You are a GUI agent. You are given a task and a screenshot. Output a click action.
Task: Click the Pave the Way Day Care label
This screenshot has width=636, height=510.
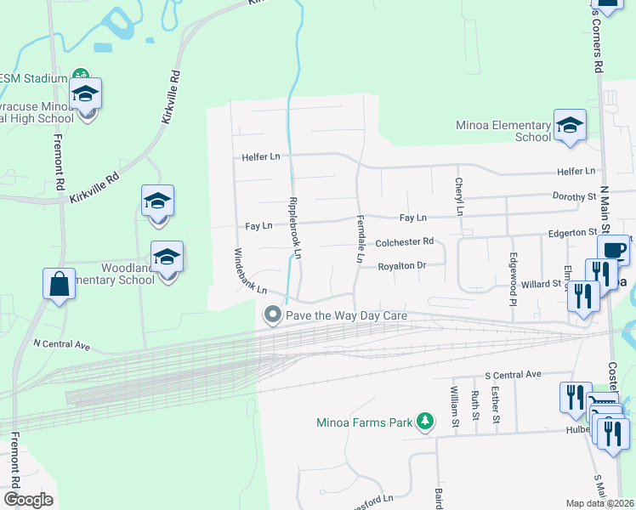(347, 315)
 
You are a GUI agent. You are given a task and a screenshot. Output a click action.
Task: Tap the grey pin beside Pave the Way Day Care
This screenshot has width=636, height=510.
(273, 315)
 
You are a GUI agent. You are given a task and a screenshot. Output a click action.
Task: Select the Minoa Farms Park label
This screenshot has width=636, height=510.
(363, 422)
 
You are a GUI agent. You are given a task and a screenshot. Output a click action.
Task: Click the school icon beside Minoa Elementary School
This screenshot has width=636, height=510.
(569, 125)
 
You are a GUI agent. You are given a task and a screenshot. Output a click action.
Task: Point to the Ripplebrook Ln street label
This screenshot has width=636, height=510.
(295, 228)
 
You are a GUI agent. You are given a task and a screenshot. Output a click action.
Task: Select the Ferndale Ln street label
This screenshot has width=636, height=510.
(360, 239)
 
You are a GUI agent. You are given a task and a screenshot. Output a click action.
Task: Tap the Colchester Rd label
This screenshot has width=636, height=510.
(404, 241)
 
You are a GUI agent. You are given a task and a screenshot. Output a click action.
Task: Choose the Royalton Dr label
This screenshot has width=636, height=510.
(401, 266)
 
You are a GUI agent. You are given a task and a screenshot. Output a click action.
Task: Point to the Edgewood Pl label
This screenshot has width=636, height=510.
(513, 276)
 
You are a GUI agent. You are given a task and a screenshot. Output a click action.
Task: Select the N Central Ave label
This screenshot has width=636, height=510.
(61, 345)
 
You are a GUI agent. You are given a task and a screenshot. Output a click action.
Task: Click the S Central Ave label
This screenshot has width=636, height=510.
(513, 374)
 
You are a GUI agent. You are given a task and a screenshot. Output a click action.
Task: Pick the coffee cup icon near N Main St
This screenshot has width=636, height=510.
(613, 250)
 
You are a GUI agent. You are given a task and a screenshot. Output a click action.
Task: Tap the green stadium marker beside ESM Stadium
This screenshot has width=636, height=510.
(81, 77)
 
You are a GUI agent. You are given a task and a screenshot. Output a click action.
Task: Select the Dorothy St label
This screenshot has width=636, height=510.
(574, 196)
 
